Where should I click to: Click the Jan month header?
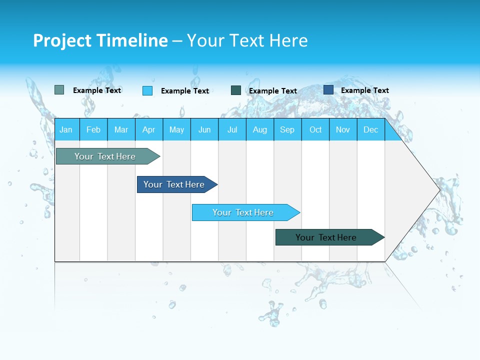tap(66, 129)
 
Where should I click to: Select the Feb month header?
tap(93, 129)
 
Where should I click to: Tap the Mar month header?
tap(121, 129)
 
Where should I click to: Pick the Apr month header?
tap(149, 129)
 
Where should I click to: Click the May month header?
tap(176, 129)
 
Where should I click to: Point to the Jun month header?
tap(204, 129)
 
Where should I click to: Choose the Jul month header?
tap(232, 129)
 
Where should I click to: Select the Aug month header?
tap(260, 129)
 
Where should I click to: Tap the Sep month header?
tap(287, 129)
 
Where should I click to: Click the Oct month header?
tap(315, 129)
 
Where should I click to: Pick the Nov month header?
tap(343, 129)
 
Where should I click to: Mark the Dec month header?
tap(371, 129)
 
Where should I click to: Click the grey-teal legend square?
tap(59, 90)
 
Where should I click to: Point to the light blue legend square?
tap(147, 90)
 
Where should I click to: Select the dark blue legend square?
tap(328, 90)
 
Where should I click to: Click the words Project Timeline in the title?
tap(100, 40)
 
